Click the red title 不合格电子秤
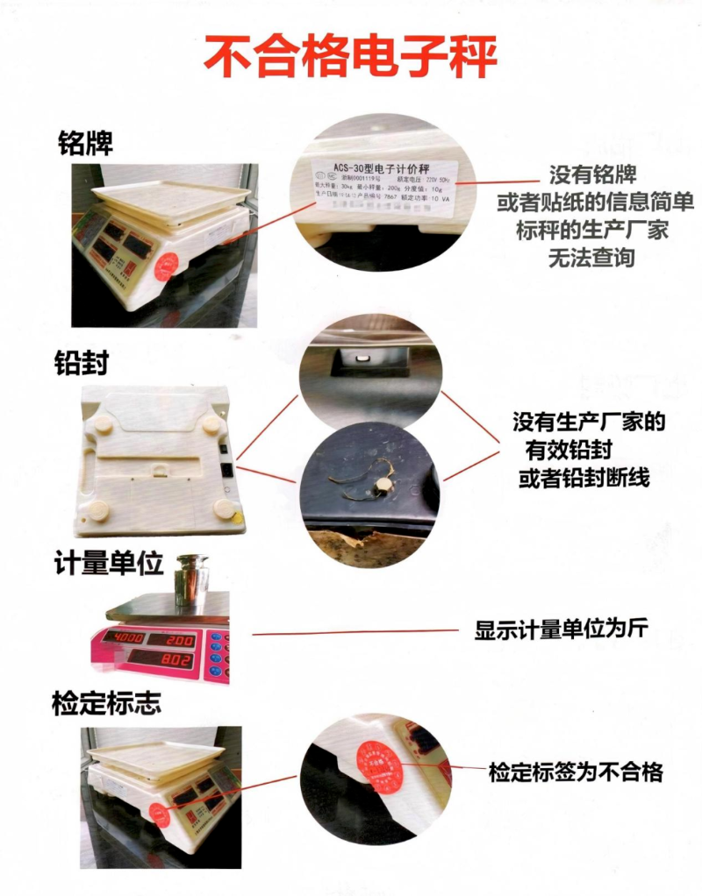coord(351,57)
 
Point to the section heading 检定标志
coord(107,702)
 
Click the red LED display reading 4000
coord(125,636)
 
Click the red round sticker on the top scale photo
coord(166,266)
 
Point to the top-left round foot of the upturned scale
coord(104,423)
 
